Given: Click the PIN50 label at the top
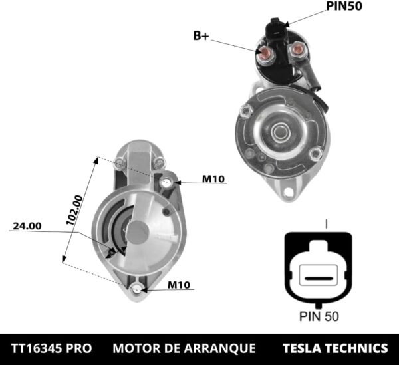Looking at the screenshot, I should click(x=345, y=7).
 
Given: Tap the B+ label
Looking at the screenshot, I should click(x=201, y=36).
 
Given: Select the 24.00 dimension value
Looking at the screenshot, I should click(x=27, y=226).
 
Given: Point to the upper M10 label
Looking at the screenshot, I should click(x=213, y=179).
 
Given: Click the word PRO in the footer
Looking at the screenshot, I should click(x=80, y=348).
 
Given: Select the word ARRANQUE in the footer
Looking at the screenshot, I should click(x=223, y=348).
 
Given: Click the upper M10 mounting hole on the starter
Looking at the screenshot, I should click(x=166, y=182).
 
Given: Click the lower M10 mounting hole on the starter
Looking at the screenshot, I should click(x=136, y=288).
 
